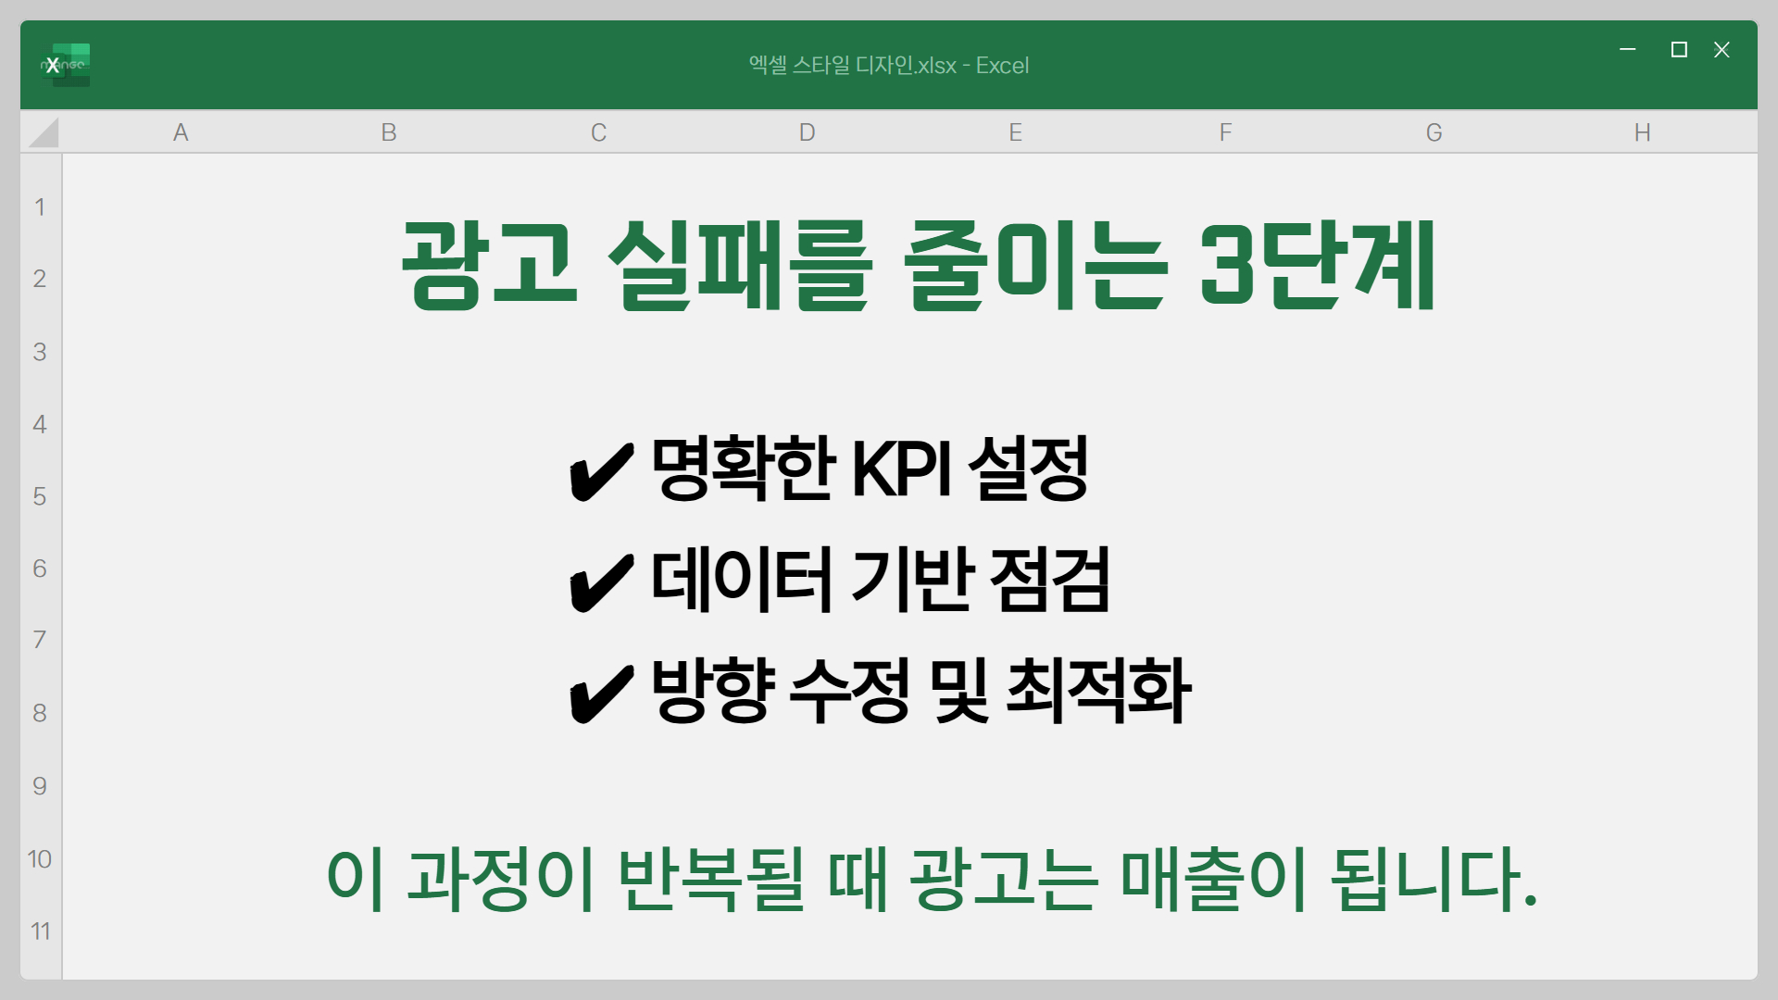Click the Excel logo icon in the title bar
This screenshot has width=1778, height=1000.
point(65,65)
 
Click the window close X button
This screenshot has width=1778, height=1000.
point(1722,50)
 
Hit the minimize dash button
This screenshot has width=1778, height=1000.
point(1628,49)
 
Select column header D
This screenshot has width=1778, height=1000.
point(807,132)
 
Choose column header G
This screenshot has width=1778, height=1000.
point(1434,132)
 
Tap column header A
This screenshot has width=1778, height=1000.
point(181,132)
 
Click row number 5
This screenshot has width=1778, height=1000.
point(40,496)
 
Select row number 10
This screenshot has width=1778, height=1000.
point(40,858)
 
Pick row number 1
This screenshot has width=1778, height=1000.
point(40,206)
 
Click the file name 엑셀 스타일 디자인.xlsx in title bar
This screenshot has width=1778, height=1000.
point(852,65)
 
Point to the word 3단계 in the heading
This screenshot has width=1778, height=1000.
point(1316,266)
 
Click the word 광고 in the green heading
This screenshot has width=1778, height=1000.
point(490,265)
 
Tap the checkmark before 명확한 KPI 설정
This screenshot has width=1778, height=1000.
point(601,471)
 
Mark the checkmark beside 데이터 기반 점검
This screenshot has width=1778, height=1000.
point(601,582)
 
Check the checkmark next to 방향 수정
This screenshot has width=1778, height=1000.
point(601,694)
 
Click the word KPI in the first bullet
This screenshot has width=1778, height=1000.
point(902,469)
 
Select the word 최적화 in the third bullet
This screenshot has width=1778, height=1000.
point(1098,691)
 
